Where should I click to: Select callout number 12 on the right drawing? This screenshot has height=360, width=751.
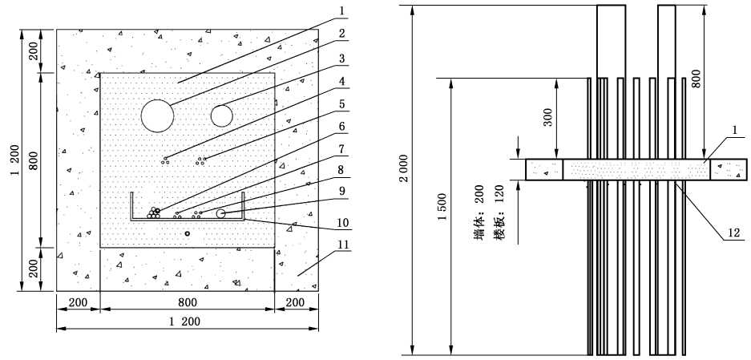[x=733, y=233]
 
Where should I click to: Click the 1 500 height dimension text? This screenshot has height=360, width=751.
[x=442, y=207]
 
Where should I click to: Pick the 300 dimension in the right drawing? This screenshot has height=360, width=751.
[x=549, y=117]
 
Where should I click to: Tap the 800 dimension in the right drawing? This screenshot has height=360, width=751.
[x=696, y=78]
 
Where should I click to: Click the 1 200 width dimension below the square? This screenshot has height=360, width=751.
[x=185, y=322]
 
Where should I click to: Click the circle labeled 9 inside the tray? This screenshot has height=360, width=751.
[x=220, y=213]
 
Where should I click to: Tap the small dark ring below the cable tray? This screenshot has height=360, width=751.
[x=188, y=233]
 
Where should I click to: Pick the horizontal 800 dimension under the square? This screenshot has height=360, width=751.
[x=188, y=302]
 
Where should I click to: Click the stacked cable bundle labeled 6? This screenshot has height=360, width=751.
[x=154, y=213]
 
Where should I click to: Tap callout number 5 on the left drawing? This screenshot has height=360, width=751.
[x=341, y=103]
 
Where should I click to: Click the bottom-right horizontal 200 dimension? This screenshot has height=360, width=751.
[x=296, y=302]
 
